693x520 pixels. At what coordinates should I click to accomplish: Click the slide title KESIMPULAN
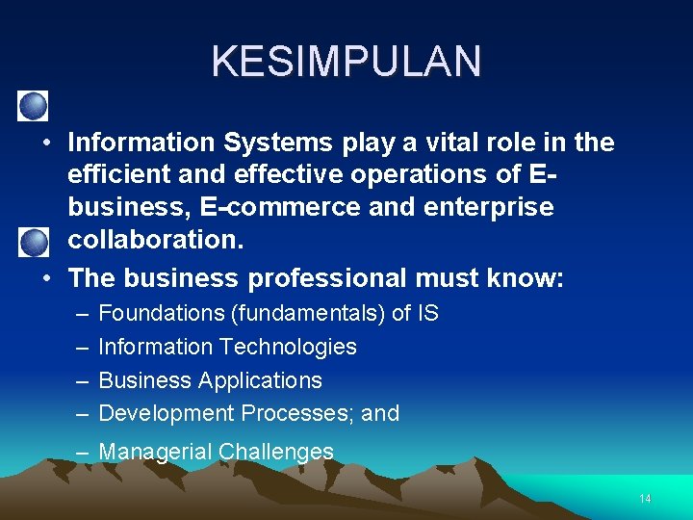pyautogui.click(x=346, y=62)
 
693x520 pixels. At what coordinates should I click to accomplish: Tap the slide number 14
pyautogui.click(x=645, y=499)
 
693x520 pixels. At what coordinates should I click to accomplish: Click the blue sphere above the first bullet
pyautogui.click(x=35, y=104)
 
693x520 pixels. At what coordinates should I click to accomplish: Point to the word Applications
pyautogui.click(x=260, y=380)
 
